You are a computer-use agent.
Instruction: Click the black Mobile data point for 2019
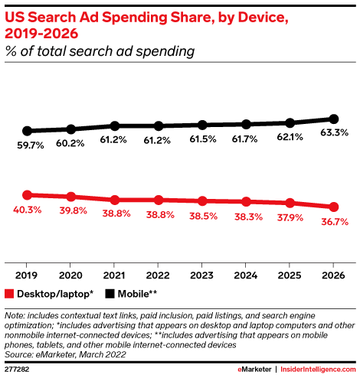click(27, 131)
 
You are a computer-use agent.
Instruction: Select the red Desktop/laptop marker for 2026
click(334, 207)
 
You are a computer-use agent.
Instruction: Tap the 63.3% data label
click(334, 132)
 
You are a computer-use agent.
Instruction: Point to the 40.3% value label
click(28, 210)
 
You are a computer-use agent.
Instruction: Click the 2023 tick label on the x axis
click(201, 275)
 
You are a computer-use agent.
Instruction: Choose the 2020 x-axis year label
click(70, 275)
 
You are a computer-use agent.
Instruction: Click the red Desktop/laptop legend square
click(9, 294)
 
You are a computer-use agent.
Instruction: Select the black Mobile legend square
click(110, 294)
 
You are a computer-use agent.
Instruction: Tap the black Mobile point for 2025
click(290, 123)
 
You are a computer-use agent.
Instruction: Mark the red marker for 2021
click(115, 200)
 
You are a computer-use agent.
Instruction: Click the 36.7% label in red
click(335, 222)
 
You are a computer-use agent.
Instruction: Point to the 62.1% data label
click(290, 137)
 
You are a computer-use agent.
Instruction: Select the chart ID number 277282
click(17, 370)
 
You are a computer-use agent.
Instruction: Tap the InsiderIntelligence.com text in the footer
click(318, 370)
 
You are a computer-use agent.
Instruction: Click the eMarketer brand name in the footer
click(254, 370)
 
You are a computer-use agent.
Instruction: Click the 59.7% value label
click(31, 145)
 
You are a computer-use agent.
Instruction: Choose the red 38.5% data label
click(203, 217)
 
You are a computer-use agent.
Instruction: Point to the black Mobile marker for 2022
click(159, 125)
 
